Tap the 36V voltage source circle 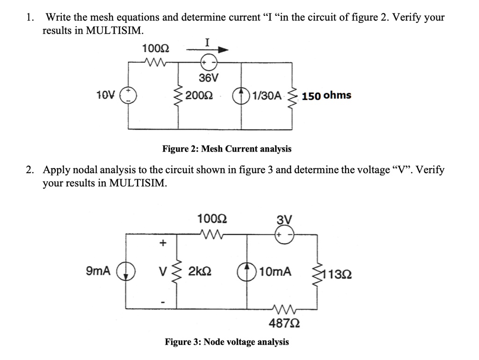coord(208,63)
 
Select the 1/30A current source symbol coord(242,96)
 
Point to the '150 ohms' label coord(327,96)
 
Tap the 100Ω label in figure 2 coord(156,48)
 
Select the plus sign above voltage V coord(163,242)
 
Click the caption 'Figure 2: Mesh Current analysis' coord(226,149)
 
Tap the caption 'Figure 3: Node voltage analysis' coord(226,342)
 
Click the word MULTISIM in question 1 coord(115,31)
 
